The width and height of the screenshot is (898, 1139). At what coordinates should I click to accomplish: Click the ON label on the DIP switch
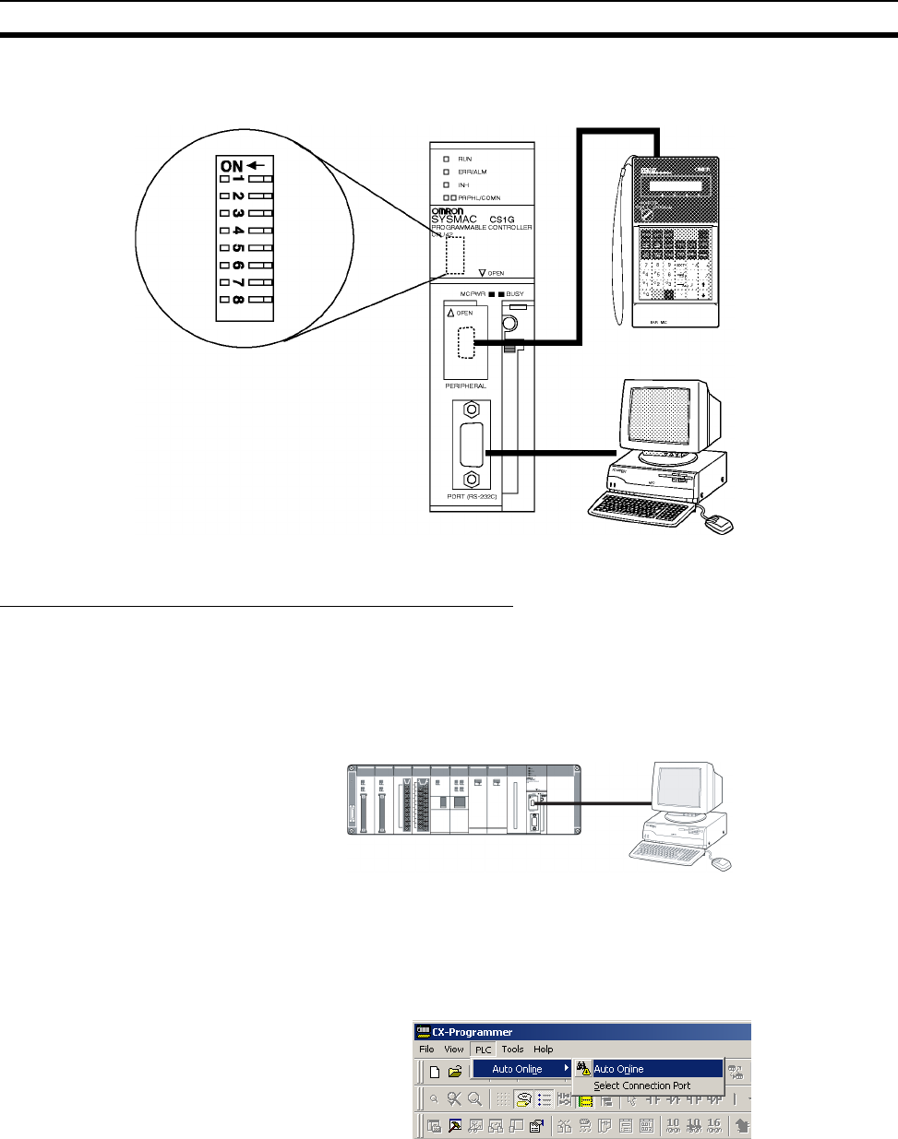(232, 166)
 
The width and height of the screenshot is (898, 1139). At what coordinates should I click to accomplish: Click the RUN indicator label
(464, 160)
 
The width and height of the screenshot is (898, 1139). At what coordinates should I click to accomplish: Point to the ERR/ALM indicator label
(472, 172)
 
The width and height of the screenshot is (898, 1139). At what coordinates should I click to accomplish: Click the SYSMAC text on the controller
(454, 219)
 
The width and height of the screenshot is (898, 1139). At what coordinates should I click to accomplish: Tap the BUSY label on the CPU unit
(514, 294)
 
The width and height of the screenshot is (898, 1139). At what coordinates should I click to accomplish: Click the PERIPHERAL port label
(465, 386)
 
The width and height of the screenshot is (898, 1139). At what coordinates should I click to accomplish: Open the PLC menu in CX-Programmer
(483, 1050)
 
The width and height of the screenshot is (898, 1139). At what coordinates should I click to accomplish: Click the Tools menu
(512, 1050)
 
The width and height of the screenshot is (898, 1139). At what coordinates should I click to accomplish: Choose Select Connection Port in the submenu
(641, 1086)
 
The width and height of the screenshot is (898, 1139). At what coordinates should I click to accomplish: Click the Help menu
(544, 1050)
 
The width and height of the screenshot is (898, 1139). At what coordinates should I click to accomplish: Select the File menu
(426, 1050)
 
